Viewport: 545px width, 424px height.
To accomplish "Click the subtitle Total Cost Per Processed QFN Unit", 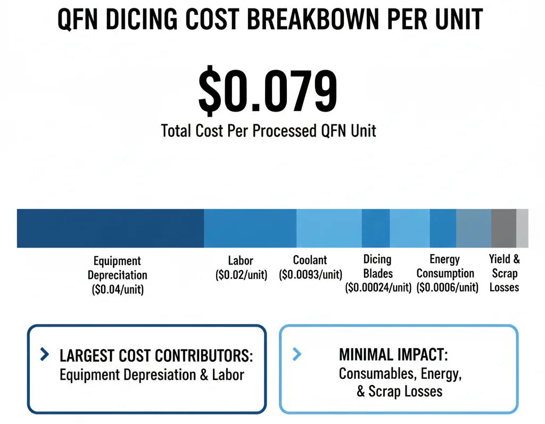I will point(269,131).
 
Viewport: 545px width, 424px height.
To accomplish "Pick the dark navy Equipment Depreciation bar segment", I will point(110,228).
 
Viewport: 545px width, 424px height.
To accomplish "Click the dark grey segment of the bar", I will point(503,228).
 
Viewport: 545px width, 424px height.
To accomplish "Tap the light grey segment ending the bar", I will point(522,228).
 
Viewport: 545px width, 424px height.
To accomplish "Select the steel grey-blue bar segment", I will point(473,228).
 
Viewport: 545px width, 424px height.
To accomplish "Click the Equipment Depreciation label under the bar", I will point(117,268).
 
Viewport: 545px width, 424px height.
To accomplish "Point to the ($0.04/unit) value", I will point(117,290).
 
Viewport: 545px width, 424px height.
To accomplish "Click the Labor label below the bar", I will point(241,261).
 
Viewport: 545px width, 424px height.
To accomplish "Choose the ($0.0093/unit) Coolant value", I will point(310,275).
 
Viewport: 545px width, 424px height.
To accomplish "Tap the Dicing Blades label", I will point(377,267).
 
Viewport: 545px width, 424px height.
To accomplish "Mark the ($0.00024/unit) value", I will point(378,288).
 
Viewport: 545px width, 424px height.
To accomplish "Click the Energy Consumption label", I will point(445,267).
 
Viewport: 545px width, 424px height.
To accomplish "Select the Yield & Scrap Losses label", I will point(505,273).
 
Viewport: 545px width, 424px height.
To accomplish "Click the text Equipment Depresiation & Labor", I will point(152,375).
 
